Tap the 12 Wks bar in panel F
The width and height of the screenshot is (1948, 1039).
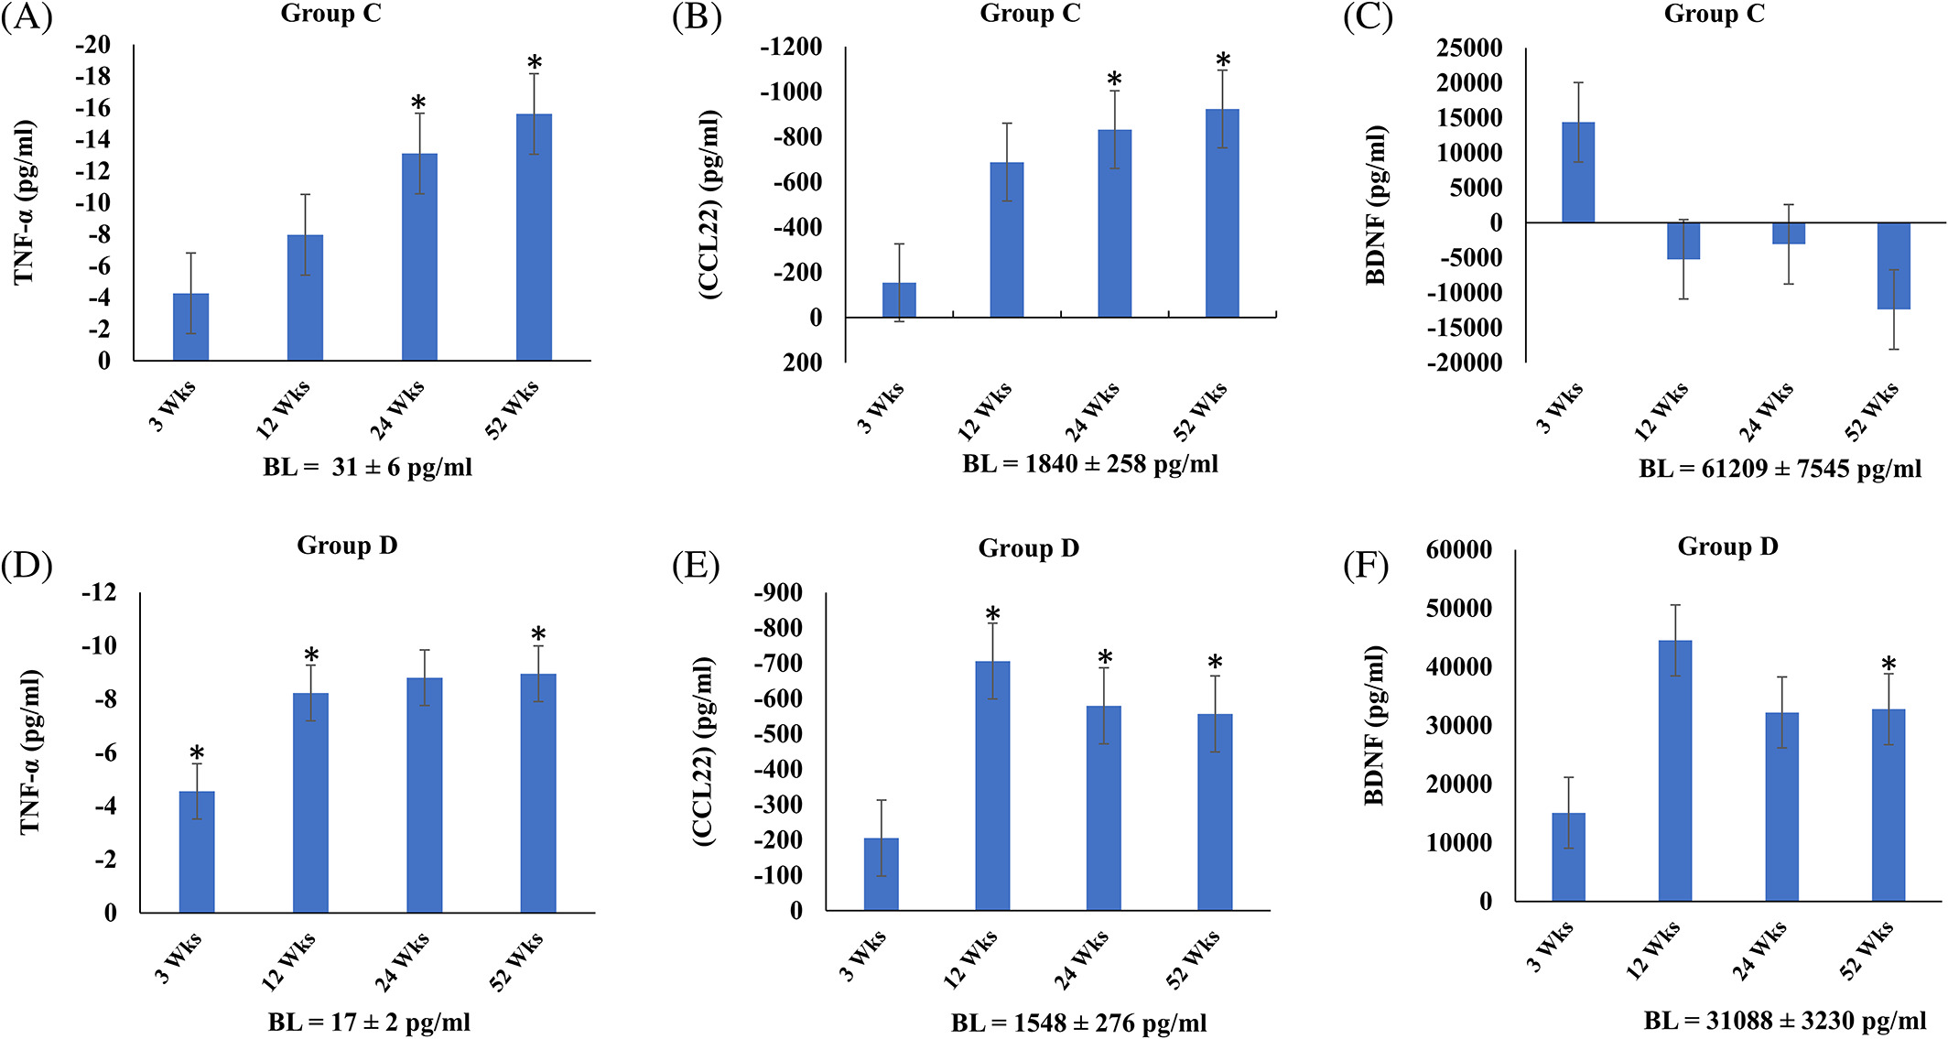click(1675, 770)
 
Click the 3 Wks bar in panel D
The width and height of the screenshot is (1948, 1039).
click(197, 851)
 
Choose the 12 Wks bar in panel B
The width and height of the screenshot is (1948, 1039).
click(1007, 239)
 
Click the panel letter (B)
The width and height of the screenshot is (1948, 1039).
click(697, 18)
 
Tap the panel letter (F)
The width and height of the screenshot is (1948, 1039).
click(1366, 566)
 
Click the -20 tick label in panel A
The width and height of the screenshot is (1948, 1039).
click(93, 45)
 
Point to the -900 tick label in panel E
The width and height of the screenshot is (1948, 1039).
click(778, 593)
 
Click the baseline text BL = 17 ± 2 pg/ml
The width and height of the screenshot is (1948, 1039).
click(369, 1022)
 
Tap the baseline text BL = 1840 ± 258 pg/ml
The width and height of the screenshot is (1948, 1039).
click(1089, 464)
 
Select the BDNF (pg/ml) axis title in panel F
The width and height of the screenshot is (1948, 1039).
click(1374, 725)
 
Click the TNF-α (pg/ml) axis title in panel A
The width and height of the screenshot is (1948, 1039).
click(25, 201)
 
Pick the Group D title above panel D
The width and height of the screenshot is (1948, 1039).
click(347, 546)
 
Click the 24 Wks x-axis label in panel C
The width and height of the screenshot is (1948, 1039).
click(1767, 412)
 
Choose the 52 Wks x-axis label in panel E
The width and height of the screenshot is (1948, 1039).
click(1194, 958)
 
